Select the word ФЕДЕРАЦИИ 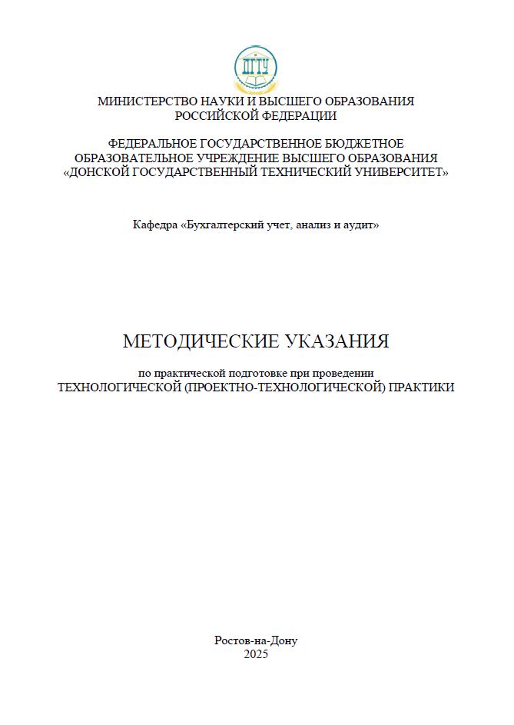(298, 116)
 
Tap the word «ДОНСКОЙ (101, 173)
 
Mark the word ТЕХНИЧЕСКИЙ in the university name (298, 173)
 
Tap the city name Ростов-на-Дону (256, 640)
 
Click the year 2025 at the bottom (256, 654)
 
